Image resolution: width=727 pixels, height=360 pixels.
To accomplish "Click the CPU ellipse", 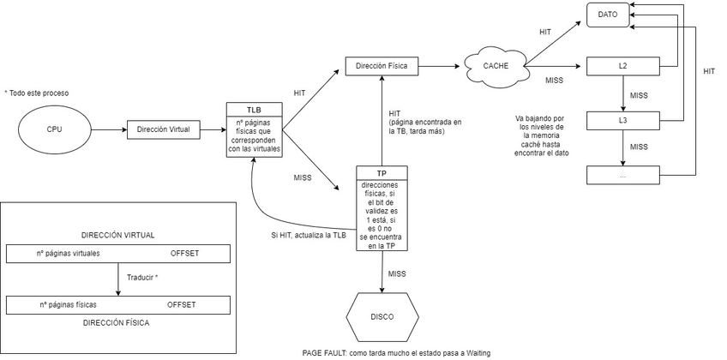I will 55,130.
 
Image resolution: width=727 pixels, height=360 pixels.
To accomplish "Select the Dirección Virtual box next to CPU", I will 164,130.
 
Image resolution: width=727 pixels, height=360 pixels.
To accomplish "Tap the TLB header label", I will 254,111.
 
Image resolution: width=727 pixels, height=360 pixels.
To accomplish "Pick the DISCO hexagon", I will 382,317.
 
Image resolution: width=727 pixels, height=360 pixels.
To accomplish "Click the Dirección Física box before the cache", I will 382,66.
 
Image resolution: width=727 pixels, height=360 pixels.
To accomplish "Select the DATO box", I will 608,15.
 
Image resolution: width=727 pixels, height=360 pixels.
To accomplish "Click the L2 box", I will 622,66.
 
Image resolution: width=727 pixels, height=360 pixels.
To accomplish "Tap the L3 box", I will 622,121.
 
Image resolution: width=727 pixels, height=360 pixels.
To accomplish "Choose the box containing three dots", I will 622,175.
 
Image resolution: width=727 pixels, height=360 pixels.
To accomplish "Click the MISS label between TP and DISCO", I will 398,273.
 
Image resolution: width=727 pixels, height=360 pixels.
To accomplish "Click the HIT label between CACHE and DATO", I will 545,32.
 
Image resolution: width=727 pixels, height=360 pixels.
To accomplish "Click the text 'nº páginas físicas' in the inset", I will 68,304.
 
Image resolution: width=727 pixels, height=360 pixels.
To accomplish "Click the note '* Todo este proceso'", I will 36,92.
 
